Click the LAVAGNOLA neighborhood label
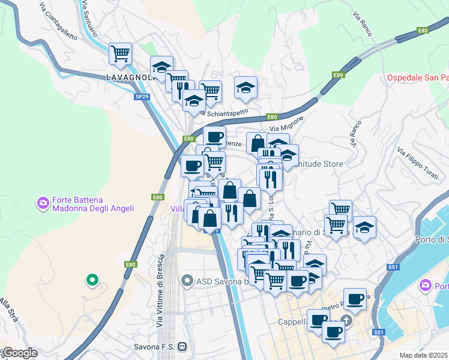tap(127, 77)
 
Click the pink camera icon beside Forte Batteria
tap(43, 203)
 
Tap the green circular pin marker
tap(92, 279)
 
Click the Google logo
tap(19, 353)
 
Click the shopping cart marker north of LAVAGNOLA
tap(120, 53)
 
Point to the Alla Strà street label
tap(9, 313)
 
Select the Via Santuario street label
tap(88, 13)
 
